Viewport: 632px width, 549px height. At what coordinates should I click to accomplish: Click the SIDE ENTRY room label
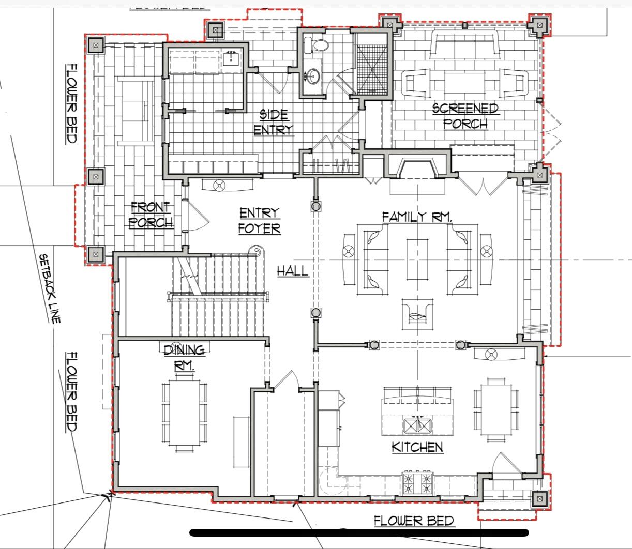[x=274, y=121]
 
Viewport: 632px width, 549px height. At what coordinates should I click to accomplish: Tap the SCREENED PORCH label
[x=465, y=116]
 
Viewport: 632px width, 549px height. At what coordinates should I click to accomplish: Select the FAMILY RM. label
[x=417, y=217]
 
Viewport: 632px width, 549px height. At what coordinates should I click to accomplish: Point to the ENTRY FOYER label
[x=259, y=221]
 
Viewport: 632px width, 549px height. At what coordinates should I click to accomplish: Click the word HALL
[x=292, y=270]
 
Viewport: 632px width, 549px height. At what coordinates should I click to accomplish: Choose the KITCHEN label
[x=417, y=447]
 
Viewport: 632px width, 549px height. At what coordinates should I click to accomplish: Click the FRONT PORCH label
[x=151, y=215]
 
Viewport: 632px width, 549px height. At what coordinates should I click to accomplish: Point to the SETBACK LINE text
[x=50, y=288]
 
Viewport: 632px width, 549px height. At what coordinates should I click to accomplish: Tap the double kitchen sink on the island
[x=417, y=425]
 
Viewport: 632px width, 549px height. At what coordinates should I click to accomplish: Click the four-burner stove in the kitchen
[x=417, y=483]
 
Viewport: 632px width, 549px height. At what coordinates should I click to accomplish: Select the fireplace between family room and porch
[x=417, y=167]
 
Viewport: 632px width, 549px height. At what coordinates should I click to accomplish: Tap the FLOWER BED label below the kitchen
[x=414, y=521]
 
